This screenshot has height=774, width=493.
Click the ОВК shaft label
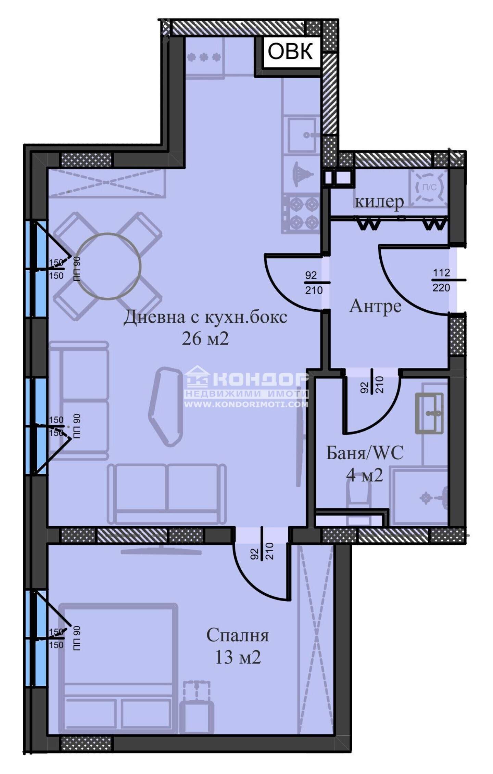(x=290, y=52)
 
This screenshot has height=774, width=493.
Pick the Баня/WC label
(x=365, y=453)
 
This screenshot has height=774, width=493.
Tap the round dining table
(x=108, y=266)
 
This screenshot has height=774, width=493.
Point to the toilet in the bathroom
(x=358, y=500)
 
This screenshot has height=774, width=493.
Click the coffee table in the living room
(x=165, y=407)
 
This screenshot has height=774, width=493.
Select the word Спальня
(x=238, y=635)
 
